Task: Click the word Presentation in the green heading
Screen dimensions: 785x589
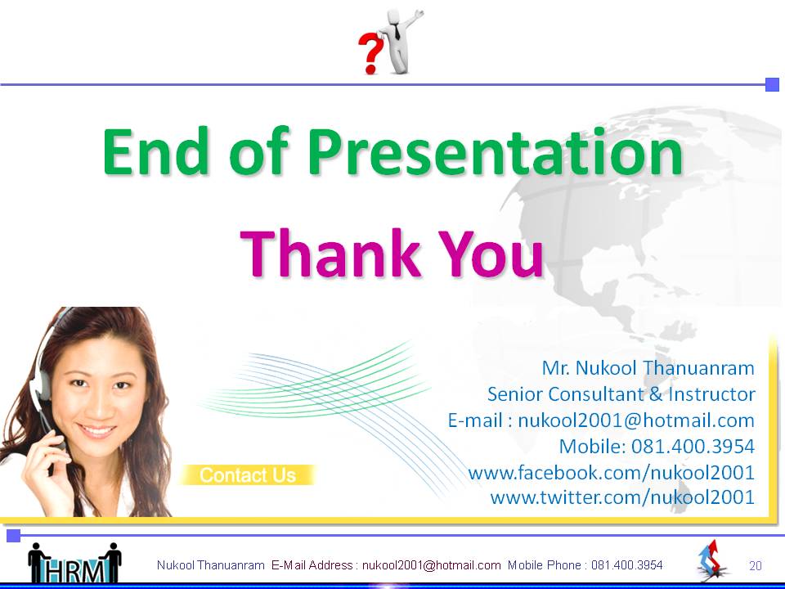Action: (x=496, y=152)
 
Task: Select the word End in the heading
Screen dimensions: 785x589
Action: (x=155, y=151)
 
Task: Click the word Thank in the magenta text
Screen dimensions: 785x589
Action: (x=330, y=254)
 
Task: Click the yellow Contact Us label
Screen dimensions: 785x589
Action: (x=247, y=474)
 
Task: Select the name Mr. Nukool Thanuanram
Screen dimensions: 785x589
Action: (x=648, y=368)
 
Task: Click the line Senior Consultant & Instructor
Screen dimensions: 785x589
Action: (x=621, y=394)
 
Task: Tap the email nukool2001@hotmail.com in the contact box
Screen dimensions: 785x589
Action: (x=636, y=420)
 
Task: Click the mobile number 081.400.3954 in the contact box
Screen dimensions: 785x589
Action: (x=693, y=447)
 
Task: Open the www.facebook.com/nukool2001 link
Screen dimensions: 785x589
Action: (x=612, y=472)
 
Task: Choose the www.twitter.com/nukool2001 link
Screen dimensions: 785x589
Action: (x=622, y=497)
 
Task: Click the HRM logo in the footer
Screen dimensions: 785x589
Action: (x=75, y=563)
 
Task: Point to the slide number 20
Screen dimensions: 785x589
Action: (x=756, y=566)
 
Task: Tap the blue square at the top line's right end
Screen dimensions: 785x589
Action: (x=773, y=84)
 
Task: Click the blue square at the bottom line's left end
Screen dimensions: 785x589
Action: (x=14, y=535)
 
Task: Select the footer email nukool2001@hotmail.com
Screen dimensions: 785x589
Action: (x=432, y=565)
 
